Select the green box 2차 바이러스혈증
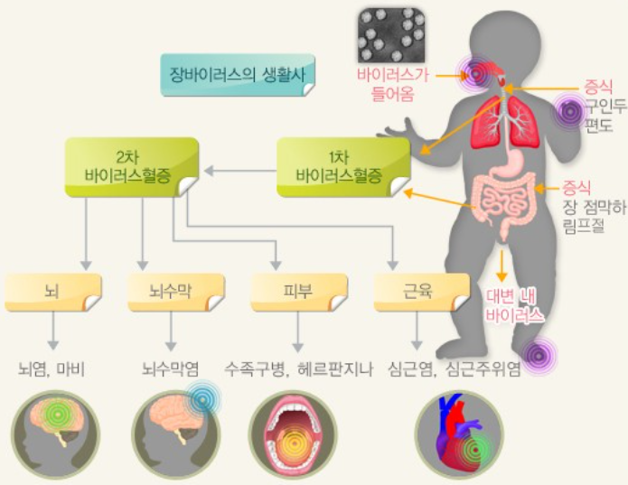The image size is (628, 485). (x=132, y=166)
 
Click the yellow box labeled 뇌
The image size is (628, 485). (x=52, y=290)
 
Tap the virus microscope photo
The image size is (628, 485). (x=391, y=34)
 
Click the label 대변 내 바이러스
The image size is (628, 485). (x=515, y=307)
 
